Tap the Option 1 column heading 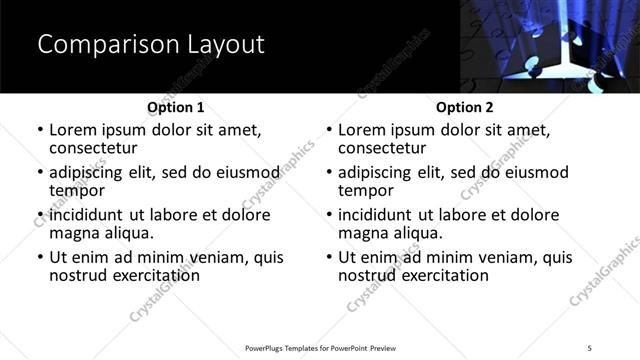click(176, 107)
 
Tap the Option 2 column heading click(465, 107)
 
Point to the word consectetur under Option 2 click(382, 148)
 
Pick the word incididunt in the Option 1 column click(88, 215)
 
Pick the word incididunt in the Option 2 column click(377, 215)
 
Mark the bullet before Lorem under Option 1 click(39, 131)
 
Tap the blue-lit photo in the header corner click(549, 46)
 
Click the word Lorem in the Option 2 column click(362, 130)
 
